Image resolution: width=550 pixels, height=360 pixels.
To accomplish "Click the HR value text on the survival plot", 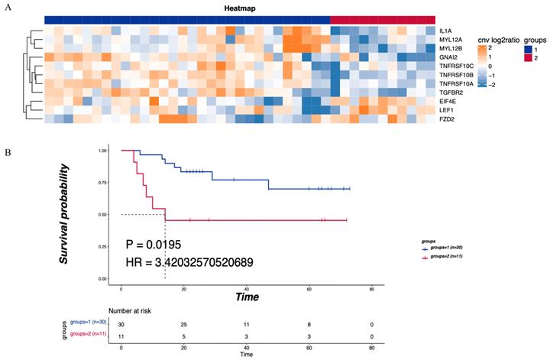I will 189,262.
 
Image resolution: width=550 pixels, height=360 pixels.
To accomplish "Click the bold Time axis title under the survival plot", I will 246,296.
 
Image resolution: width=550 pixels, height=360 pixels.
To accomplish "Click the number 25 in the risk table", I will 183,325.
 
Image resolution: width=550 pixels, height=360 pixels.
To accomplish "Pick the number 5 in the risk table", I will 183,336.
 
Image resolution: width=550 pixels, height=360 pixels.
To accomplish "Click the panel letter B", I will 8,151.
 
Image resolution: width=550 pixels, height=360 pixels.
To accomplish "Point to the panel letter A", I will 8,7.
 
